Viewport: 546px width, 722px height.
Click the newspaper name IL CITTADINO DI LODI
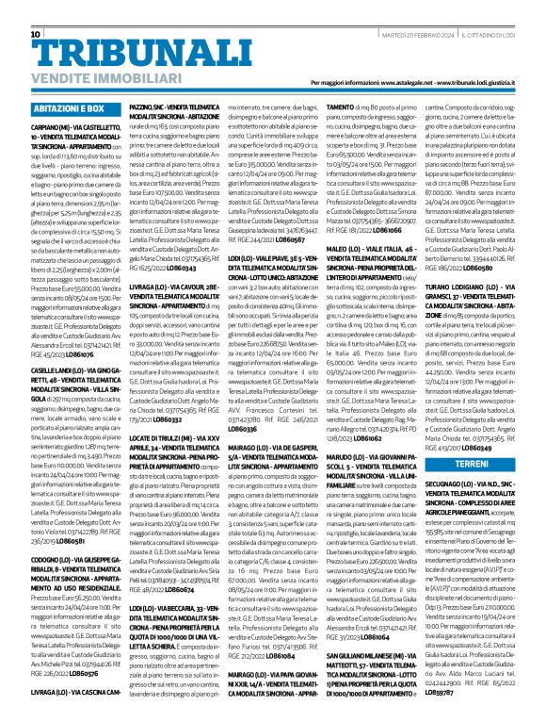pyautogui.click(x=498, y=8)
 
